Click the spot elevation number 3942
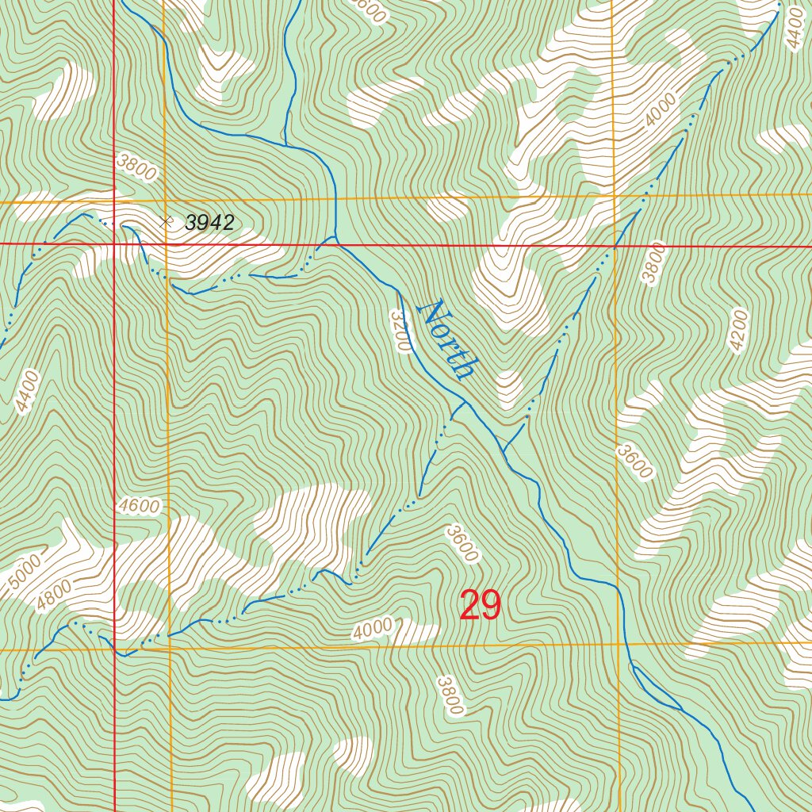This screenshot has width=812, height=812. tap(209, 223)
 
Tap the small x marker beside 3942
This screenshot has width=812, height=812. tap(166, 222)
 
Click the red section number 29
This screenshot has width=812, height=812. tap(481, 607)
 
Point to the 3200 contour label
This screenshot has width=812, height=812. tap(401, 330)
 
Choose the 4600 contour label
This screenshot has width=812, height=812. tap(140, 506)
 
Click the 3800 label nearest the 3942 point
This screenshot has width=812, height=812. tap(136, 167)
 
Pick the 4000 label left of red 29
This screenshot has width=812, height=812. tap(373, 629)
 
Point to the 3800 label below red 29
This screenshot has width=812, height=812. tap(449, 695)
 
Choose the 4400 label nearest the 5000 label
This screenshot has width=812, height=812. tap(27, 392)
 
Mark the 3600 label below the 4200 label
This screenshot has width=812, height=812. tap(635, 462)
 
